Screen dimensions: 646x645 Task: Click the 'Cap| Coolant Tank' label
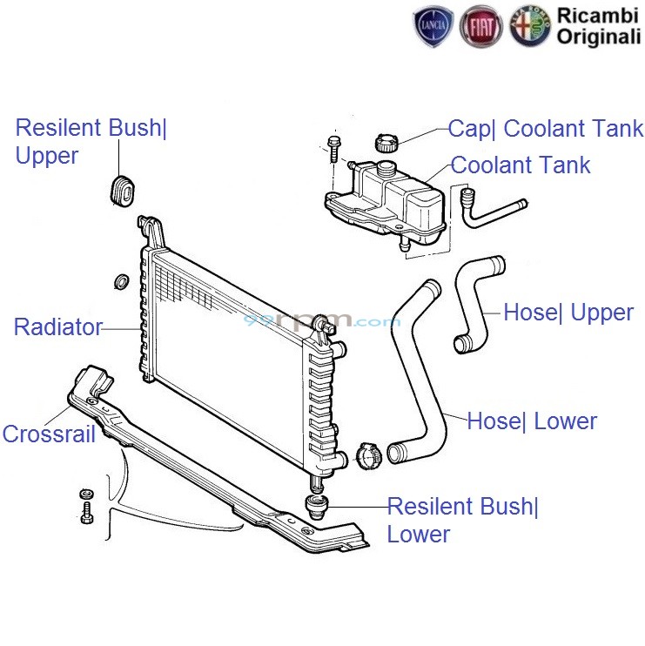point(546,130)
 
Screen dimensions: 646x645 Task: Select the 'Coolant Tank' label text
point(521,165)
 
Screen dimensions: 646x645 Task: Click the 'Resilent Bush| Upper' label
point(91,142)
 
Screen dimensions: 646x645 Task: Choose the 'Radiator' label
point(57,327)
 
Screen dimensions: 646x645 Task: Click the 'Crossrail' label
point(49,434)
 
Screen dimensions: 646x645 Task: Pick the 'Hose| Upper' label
point(568,313)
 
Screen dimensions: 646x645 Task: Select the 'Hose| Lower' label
point(532,421)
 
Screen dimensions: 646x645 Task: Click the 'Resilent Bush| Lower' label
point(463,520)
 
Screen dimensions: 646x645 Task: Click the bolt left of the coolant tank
point(333,148)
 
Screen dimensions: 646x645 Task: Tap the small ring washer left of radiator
point(121,281)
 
